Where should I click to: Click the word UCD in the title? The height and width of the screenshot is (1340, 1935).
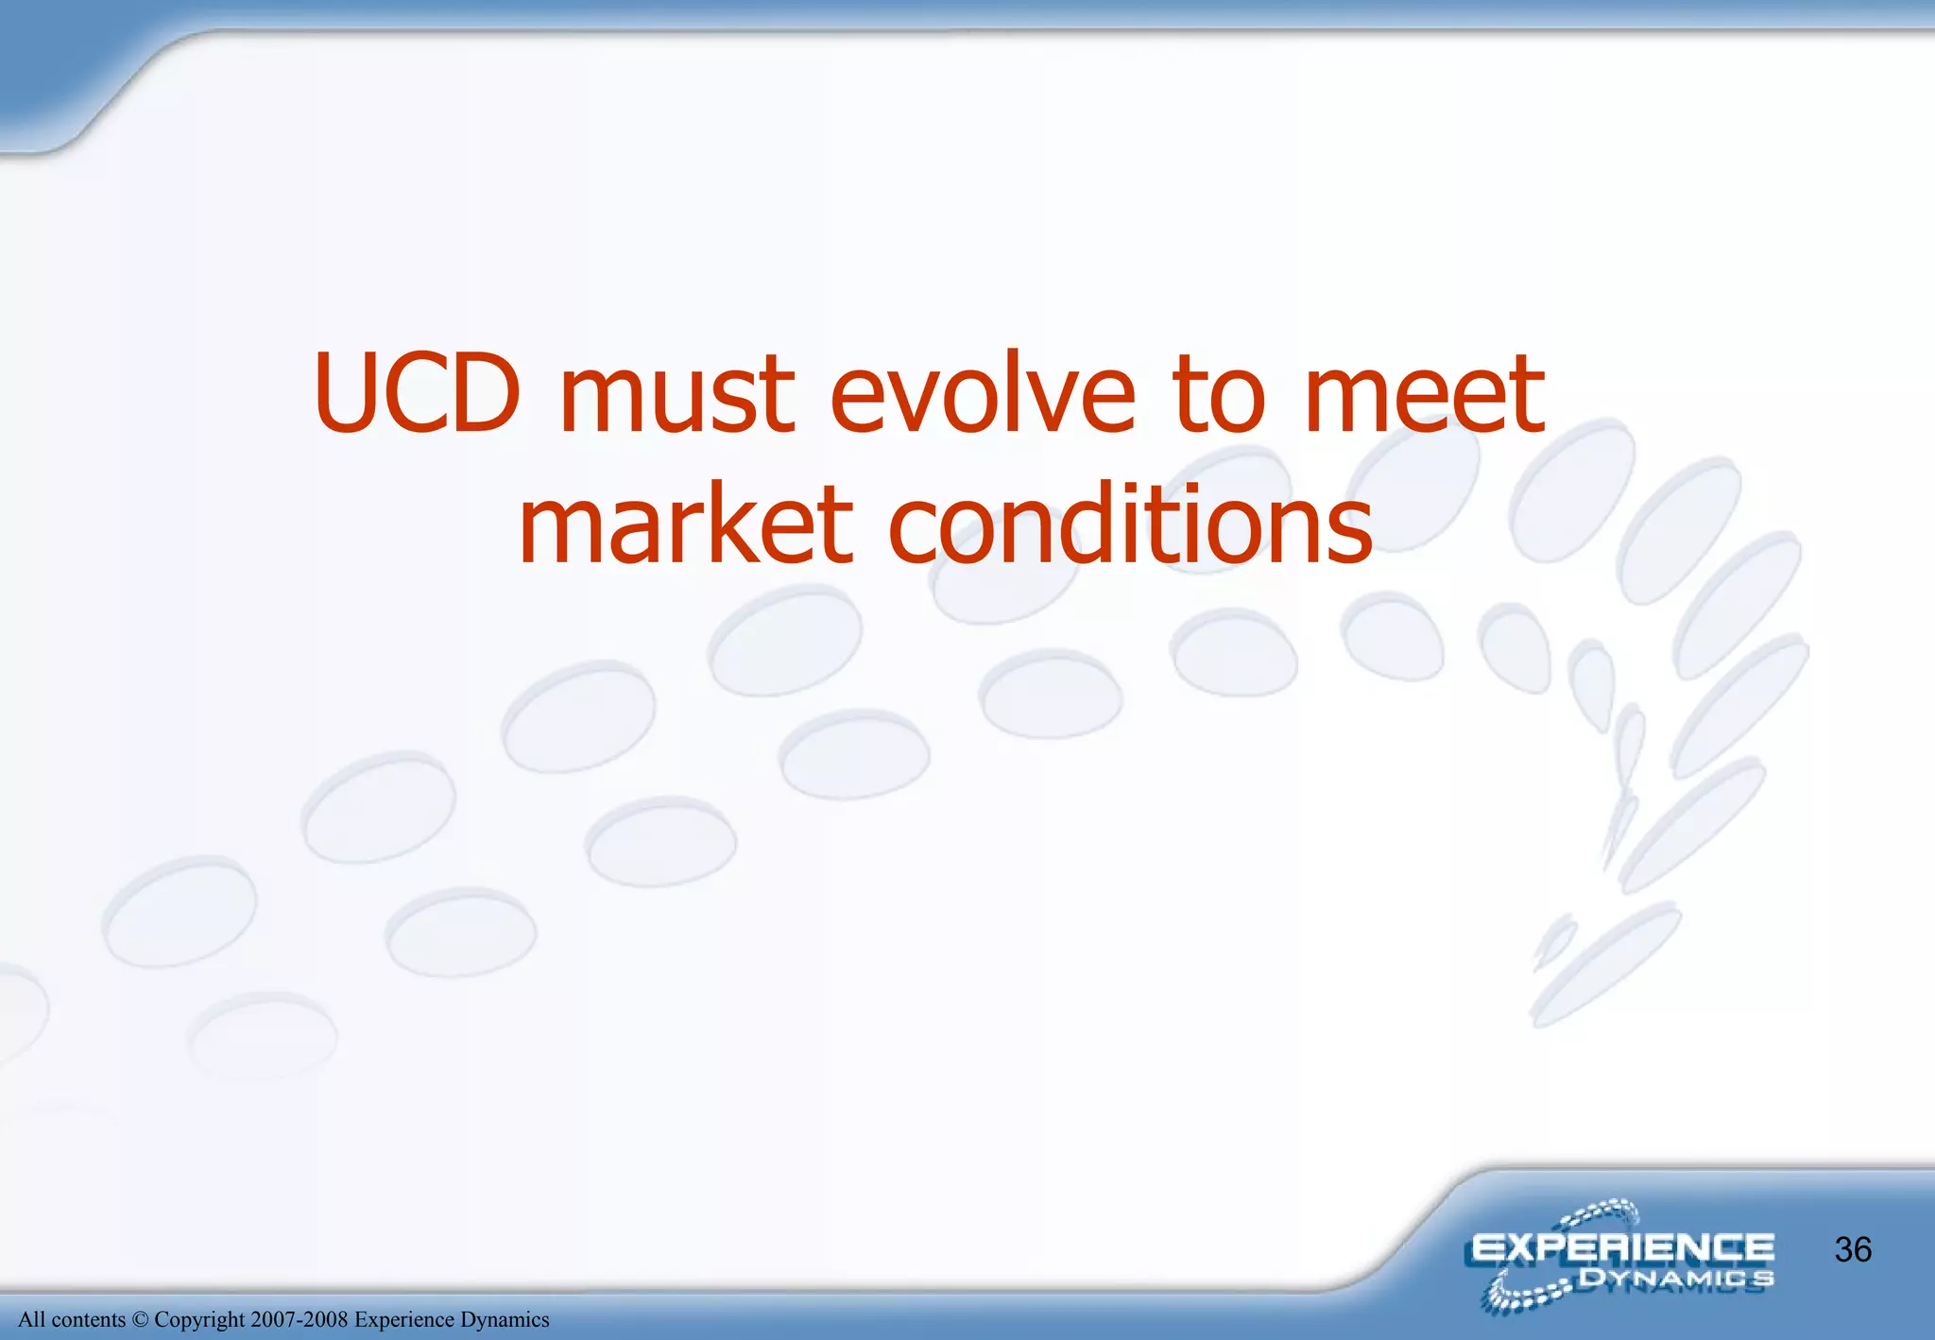coord(417,393)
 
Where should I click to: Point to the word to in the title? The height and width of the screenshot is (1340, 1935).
coord(1219,397)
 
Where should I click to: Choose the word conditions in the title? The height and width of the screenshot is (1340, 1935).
coord(1130,525)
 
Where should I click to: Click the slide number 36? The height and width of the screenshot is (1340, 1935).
coord(1853,1250)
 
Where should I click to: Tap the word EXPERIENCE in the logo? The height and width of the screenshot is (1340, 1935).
coord(1622,1248)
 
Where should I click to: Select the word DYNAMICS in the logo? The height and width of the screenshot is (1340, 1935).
coord(1676,1280)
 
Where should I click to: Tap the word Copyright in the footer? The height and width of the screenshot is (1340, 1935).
coord(199,1320)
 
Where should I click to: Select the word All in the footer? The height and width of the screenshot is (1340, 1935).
coord(31,1320)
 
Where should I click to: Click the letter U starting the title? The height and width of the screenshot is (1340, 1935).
coord(346,393)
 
